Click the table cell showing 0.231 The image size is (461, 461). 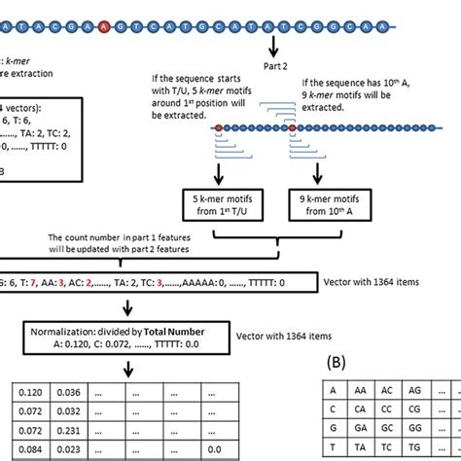point(66,430)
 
